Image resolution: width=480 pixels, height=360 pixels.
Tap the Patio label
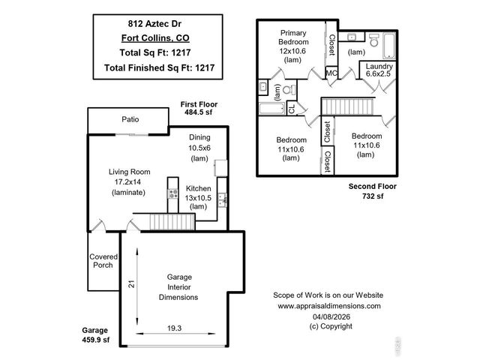tap(131, 119)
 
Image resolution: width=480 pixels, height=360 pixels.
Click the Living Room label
tap(130, 181)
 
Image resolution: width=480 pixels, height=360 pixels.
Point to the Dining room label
tap(199, 148)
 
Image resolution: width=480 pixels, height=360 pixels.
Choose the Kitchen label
tap(199, 197)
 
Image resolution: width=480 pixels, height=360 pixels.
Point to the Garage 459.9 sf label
tap(95, 335)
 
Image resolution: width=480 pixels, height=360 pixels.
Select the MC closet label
tap(331, 73)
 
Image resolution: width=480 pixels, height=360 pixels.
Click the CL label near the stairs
tap(292, 110)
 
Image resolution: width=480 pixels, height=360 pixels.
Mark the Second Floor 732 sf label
tap(372, 190)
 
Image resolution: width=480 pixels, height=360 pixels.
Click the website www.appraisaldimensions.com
tap(329, 306)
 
